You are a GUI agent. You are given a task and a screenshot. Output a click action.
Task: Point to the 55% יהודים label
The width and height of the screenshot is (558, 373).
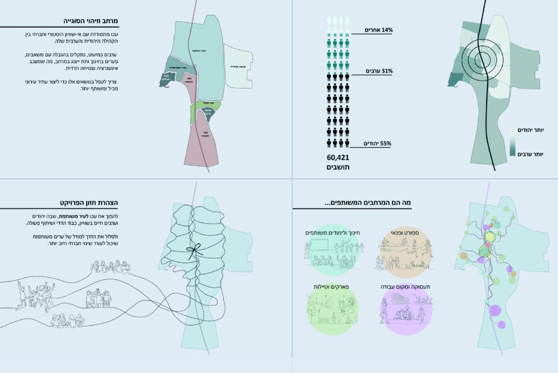[x=376, y=143]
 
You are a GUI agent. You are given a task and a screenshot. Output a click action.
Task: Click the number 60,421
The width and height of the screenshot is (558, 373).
[x=338, y=158]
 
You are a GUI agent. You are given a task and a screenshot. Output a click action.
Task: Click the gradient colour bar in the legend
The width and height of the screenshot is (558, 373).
[x=513, y=143]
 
